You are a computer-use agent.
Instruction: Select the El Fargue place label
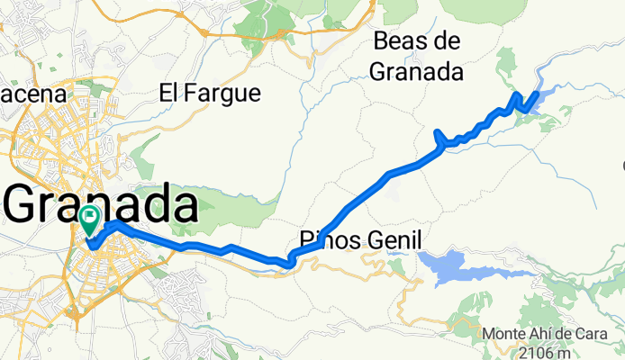(x=209, y=92)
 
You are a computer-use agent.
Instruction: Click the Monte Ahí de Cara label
(x=542, y=333)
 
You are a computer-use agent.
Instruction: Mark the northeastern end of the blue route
(x=537, y=94)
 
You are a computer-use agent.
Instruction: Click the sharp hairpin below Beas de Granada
(x=438, y=134)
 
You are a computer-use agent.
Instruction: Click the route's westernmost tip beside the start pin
(x=89, y=242)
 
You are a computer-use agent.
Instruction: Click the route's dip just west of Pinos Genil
(x=288, y=264)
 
